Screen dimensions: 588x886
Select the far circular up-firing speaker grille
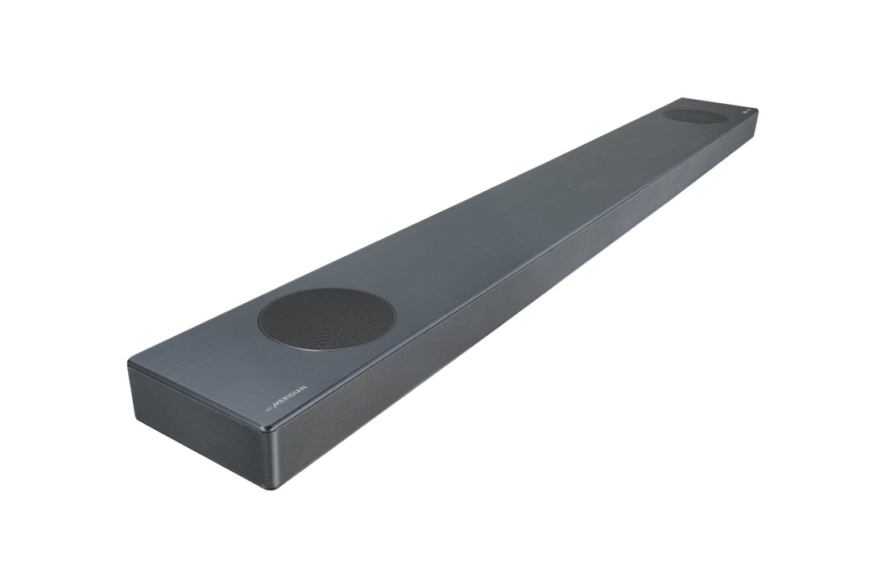[x=695, y=117]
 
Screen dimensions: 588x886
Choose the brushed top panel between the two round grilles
[x=515, y=217]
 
